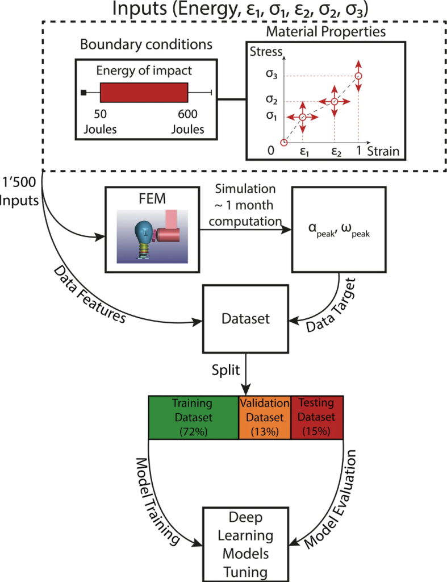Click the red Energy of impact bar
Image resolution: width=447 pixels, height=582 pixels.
pyautogui.click(x=144, y=93)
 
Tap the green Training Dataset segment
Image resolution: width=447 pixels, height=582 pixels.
pyautogui.click(x=193, y=418)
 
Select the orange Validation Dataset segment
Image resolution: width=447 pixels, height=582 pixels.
pyautogui.click(x=265, y=418)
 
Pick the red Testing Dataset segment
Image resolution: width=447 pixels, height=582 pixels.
pyautogui.click(x=317, y=418)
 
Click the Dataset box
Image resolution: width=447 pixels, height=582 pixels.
pyautogui.click(x=245, y=319)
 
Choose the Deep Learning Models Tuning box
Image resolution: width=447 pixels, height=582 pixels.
pyautogui.click(x=245, y=544)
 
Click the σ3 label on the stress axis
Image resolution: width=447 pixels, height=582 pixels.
pyautogui.click(x=271, y=74)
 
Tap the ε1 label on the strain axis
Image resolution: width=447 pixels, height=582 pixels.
pyautogui.click(x=304, y=152)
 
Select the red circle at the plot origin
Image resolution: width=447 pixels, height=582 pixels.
pyautogui.click(x=284, y=143)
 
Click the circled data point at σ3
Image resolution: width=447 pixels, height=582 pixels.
pyautogui.click(x=358, y=76)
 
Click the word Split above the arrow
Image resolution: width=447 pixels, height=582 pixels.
pyautogui.click(x=225, y=371)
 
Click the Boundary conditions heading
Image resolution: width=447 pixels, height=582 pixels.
pyautogui.click(x=146, y=44)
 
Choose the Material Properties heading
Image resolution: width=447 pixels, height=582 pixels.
pyautogui.click(x=325, y=32)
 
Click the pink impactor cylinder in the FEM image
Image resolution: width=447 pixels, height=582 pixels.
pyautogui.click(x=168, y=235)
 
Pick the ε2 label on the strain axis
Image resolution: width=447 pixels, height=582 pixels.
pyautogui.click(x=336, y=152)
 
